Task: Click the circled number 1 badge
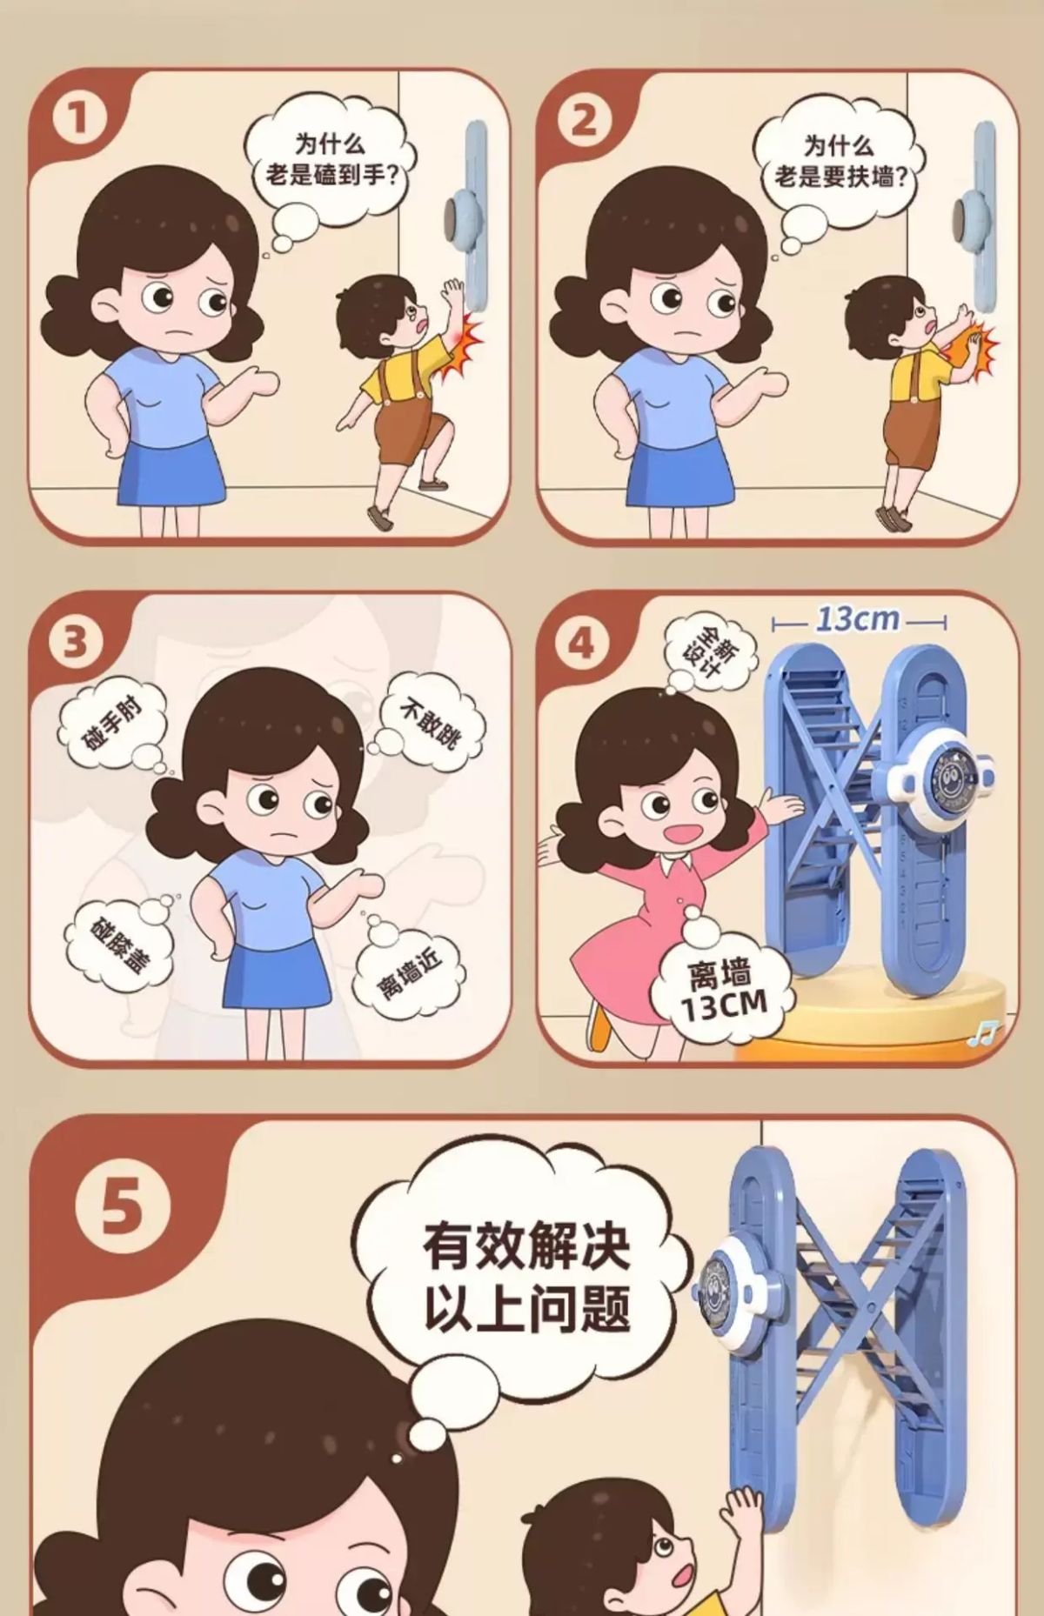(78, 119)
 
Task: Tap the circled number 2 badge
(584, 119)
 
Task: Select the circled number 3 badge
(76, 642)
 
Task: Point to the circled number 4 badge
(582, 642)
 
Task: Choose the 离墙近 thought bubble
(408, 965)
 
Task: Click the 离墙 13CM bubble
(724, 991)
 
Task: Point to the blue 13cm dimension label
(858, 619)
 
